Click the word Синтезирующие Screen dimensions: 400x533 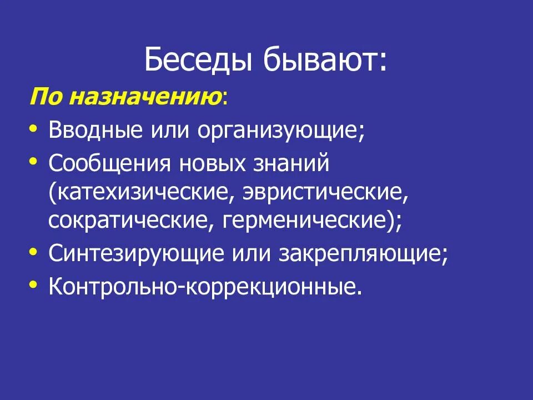pos(134,254)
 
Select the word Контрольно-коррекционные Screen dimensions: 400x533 pos(205,287)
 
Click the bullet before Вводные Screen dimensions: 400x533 pos(34,128)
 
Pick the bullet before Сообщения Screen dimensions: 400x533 pos(34,162)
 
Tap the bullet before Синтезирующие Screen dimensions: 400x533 pos(34,252)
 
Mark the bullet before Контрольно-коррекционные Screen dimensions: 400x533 pos(34,286)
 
